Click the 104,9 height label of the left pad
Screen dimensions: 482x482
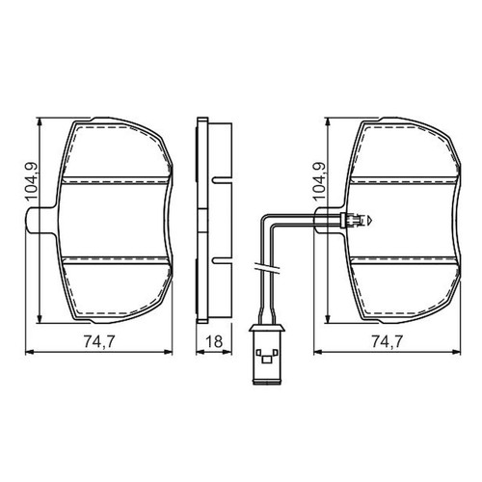[x=31, y=182]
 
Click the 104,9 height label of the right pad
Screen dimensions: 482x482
[x=319, y=182]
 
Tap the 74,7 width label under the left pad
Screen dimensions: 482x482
[x=99, y=341]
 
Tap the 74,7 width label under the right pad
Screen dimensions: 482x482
[x=388, y=341]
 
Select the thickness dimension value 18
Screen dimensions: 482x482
[x=214, y=341]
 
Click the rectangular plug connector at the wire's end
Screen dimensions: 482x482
[x=267, y=354]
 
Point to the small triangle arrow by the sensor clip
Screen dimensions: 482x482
[x=370, y=221]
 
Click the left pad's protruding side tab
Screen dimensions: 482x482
[x=41, y=221]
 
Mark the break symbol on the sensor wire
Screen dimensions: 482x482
[x=267, y=268]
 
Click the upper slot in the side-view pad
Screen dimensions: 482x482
[x=222, y=180]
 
